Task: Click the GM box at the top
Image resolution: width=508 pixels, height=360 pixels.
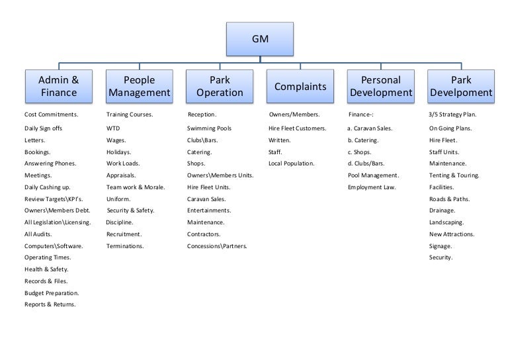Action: pos(260,39)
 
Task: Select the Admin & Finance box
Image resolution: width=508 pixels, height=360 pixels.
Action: pos(59,86)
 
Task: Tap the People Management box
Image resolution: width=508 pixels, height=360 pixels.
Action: pos(140,86)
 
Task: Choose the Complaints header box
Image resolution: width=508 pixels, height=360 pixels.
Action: pos(300,86)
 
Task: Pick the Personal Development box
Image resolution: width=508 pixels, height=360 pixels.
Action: pos(381,86)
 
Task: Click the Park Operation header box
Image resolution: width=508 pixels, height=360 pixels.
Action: pos(220,86)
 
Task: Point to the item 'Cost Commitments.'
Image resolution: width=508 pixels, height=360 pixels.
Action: pos(51,114)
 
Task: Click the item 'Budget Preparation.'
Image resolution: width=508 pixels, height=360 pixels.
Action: pos(52,293)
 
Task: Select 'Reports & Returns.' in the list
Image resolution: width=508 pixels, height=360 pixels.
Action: pos(50,304)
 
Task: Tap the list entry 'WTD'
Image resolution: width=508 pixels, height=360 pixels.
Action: pos(113,128)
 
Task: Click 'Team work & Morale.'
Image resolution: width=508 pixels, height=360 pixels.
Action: pos(136,187)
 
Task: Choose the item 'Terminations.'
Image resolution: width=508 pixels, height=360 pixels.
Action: pos(125,246)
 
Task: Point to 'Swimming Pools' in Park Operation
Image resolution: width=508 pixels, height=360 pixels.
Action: pos(209,128)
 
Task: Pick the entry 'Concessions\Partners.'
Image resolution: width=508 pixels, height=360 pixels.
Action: pos(217,246)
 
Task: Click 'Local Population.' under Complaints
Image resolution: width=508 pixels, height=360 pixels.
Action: pos(291,163)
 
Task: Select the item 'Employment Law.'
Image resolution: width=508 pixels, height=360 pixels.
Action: pos(372,187)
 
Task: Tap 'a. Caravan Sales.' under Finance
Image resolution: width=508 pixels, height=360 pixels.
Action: pos(370,128)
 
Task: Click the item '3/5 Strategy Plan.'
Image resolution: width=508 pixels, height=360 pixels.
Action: pos(452,114)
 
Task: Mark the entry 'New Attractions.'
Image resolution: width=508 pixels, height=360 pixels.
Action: pos(452,234)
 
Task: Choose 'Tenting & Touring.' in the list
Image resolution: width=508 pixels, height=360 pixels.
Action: pos(454,175)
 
